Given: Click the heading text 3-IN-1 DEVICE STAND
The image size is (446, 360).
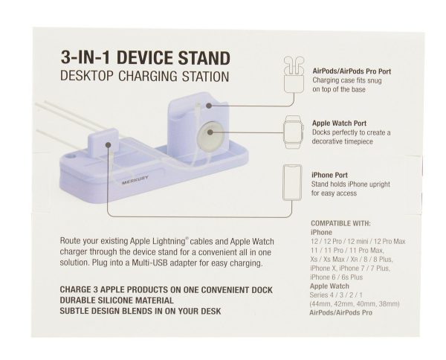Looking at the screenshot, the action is [x=146, y=58].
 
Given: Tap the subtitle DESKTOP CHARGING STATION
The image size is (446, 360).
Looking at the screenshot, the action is [x=145, y=77].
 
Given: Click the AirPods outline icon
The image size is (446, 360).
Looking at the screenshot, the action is [x=294, y=74].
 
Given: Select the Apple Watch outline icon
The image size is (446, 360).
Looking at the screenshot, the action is [x=294, y=132].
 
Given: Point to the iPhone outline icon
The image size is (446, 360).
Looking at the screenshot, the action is [x=292, y=182].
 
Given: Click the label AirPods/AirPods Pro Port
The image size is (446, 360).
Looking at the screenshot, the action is [x=352, y=71].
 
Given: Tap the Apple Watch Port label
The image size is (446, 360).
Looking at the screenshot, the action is [x=339, y=123].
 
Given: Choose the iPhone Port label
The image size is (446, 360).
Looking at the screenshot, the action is [x=329, y=175].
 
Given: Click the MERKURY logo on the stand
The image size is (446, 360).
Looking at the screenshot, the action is [x=135, y=180].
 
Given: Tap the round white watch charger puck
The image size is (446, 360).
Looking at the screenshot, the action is [x=210, y=133].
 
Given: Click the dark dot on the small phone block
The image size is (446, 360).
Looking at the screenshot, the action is [x=108, y=145].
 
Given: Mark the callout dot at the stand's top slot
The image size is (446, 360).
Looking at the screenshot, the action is [x=209, y=106].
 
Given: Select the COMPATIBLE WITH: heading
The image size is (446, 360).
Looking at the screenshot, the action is [x=340, y=223].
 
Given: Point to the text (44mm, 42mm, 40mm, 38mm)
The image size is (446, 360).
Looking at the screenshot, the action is [x=355, y=304].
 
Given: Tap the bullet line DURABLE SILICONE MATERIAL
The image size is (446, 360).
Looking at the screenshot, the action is [x=117, y=300].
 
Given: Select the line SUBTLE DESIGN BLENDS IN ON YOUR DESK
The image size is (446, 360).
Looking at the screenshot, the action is [x=140, y=311].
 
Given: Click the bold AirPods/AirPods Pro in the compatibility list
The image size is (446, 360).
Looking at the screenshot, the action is [x=340, y=312].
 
